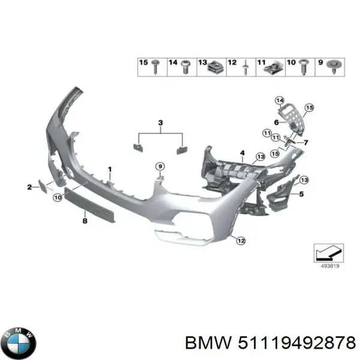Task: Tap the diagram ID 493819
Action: click(x=329, y=266)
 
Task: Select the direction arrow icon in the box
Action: click(x=329, y=253)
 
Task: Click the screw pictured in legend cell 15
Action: click(x=155, y=67)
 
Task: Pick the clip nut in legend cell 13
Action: click(x=215, y=67)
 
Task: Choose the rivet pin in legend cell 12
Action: click(x=245, y=67)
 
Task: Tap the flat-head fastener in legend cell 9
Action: click(x=334, y=67)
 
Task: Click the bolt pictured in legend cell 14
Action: click(x=185, y=67)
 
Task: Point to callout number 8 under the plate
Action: click(x=85, y=221)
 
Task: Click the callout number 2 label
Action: click(x=29, y=187)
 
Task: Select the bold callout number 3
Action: click(x=160, y=122)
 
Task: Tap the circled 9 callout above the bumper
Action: click(x=160, y=166)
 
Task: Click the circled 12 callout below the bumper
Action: click(x=241, y=241)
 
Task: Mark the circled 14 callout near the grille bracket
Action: click(x=280, y=101)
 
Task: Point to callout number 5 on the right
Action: click(x=301, y=194)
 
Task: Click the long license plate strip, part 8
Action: click(x=90, y=204)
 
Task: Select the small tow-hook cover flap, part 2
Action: click(x=43, y=186)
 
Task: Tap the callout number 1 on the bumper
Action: click(x=110, y=169)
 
